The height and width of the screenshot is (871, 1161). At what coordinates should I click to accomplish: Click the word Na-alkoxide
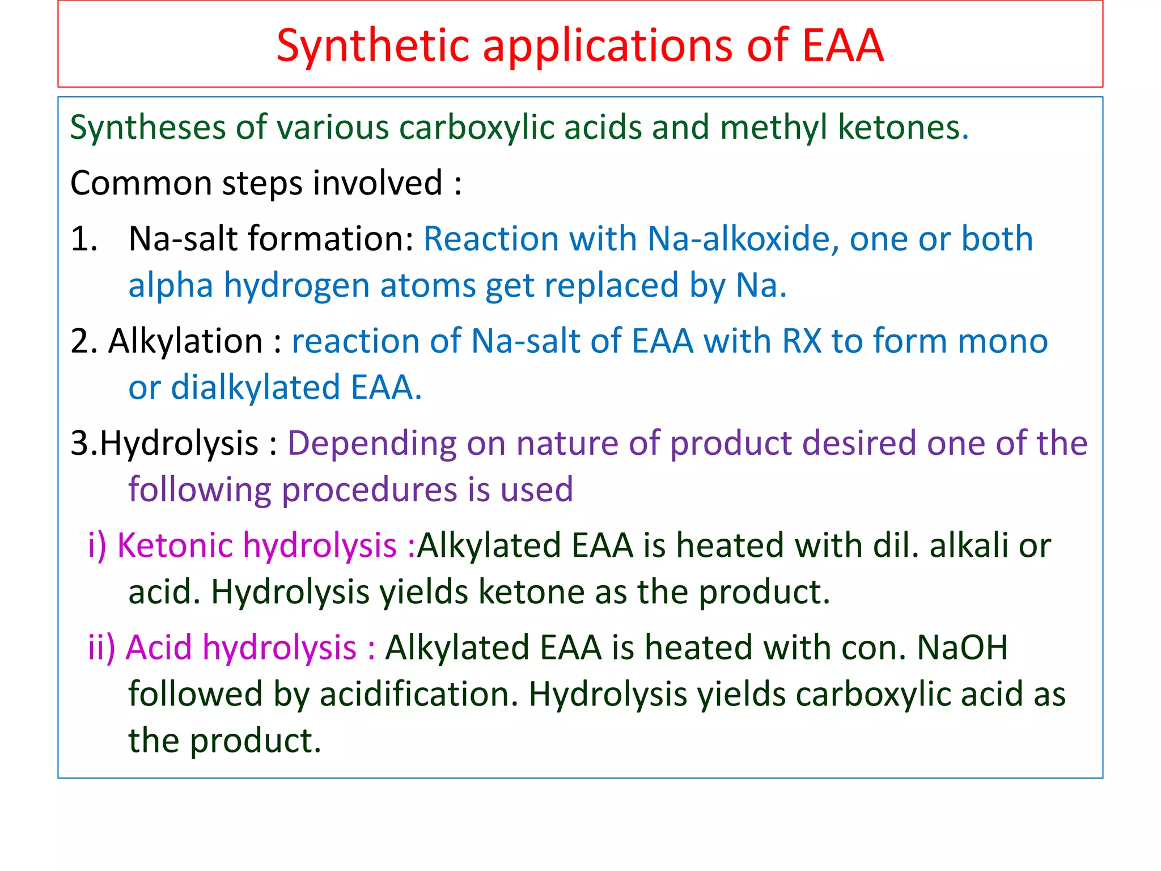point(743,238)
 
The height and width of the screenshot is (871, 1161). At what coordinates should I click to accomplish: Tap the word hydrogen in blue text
point(296,285)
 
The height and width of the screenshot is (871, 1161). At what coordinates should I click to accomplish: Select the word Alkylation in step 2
point(185,341)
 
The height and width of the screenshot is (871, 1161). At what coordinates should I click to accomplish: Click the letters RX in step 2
point(801,341)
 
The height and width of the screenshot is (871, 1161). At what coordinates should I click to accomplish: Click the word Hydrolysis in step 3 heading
point(179,443)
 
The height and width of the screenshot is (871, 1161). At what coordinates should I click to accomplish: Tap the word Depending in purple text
point(372,443)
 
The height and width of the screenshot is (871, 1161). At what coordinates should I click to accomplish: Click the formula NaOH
point(962,648)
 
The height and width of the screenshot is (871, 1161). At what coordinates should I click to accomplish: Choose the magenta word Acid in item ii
point(158,648)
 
